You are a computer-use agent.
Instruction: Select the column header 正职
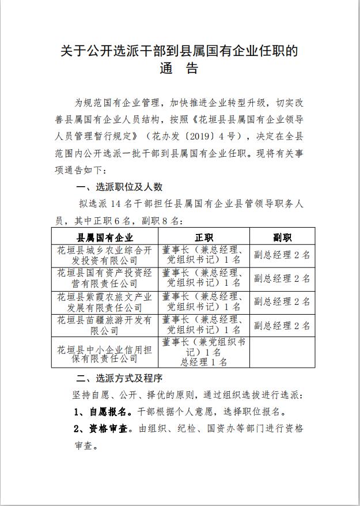click(204, 237)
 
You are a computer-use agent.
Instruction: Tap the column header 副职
click(282, 237)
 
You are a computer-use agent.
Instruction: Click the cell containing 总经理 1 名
click(204, 362)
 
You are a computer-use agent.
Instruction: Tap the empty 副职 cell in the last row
click(282, 352)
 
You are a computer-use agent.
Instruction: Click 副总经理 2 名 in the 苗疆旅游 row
click(282, 325)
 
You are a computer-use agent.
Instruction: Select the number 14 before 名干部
click(116, 203)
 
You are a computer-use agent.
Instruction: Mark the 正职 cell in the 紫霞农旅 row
click(204, 302)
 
